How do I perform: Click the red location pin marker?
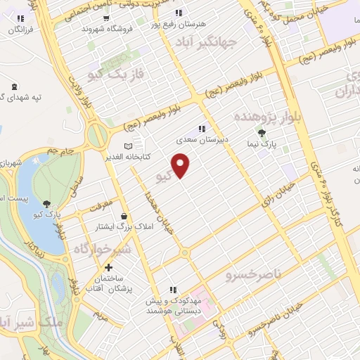(x=181, y=165)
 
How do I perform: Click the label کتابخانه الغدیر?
(x=136, y=156)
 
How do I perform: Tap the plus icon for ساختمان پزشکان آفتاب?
(x=109, y=267)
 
